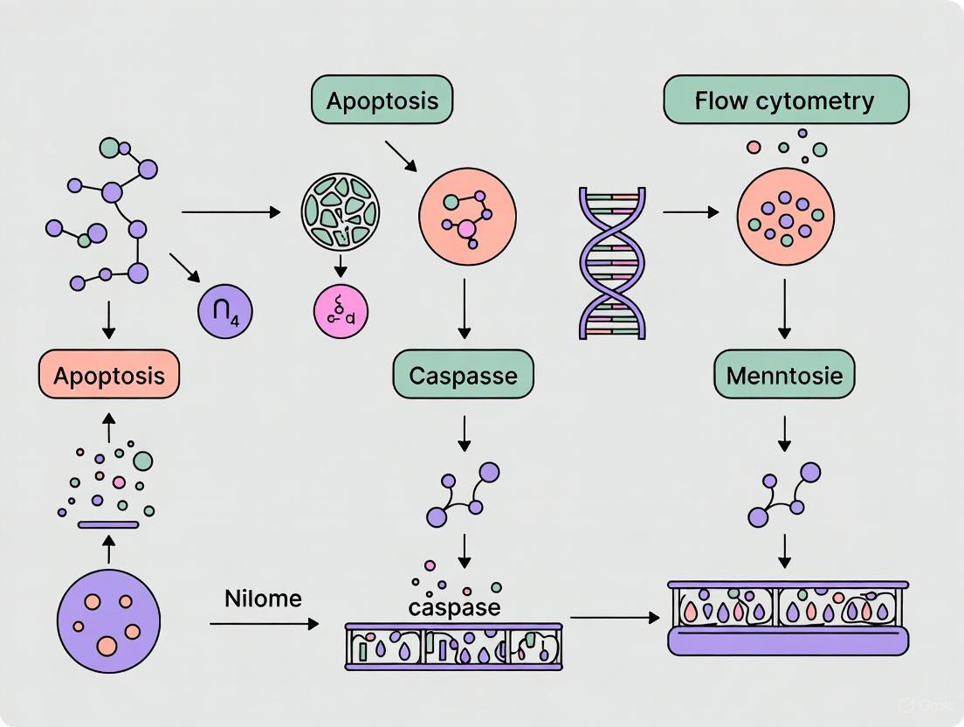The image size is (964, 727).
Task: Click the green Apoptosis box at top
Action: pyautogui.click(x=382, y=101)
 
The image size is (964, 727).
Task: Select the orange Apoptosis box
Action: pyautogui.click(x=108, y=376)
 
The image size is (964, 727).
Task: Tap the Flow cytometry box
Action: pyautogui.click(x=785, y=100)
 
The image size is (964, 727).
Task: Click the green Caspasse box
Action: pyautogui.click(x=463, y=376)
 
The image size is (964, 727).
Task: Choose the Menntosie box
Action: pyautogui.click(x=785, y=376)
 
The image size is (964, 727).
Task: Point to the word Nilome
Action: pyautogui.click(x=263, y=599)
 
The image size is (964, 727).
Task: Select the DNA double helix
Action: pyautogui.click(x=612, y=262)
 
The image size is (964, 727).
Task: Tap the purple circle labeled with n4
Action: pyautogui.click(x=225, y=312)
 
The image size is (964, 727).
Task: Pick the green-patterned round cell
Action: pyautogui.click(x=341, y=211)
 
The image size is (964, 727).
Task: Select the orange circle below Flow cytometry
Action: pyautogui.click(x=785, y=216)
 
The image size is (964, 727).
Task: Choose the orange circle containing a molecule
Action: pyautogui.click(x=467, y=216)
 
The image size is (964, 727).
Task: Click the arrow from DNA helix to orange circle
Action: pyautogui.click(x=691, y=212)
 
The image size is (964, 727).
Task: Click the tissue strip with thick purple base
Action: pyautogui.click(x=788, y=618)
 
